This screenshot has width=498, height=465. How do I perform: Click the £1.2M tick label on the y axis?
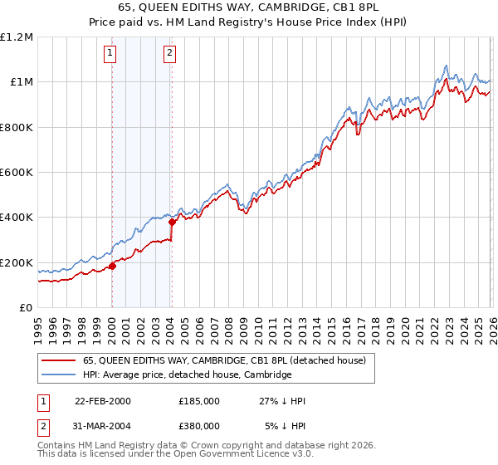(17, 37)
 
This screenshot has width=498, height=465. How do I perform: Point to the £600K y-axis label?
(17, 173)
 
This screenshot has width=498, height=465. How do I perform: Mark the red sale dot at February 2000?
(113, 267)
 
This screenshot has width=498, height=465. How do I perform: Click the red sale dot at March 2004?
(173, 222)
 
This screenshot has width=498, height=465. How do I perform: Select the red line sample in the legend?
(60, 360)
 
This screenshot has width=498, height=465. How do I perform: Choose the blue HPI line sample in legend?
(60, 374)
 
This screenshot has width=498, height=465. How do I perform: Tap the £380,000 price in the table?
(198, 425)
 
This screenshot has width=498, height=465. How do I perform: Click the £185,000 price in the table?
(198, 401)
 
